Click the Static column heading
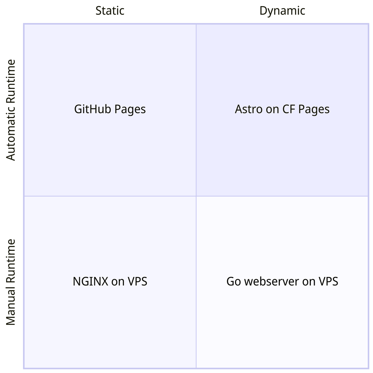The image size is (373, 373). pyautogui.click(x=110, y=10)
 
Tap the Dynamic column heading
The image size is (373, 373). pyautogui.click(x=282, y=10)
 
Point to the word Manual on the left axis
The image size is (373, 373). pyautogui.click(x=11, y=307)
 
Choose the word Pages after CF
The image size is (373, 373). pyautogui.click(x=313, y=110)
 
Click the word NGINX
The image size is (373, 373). pyautogui.click(x=91, y=281)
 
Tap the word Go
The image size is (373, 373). pyautogui.click(x=234, y=281)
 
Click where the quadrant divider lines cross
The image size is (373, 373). pyautogui.click(x=196, y=196)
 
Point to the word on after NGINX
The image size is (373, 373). pyautogui.click(x=118, y=281)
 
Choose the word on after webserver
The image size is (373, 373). pyautogui.click(x=309, y=281)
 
